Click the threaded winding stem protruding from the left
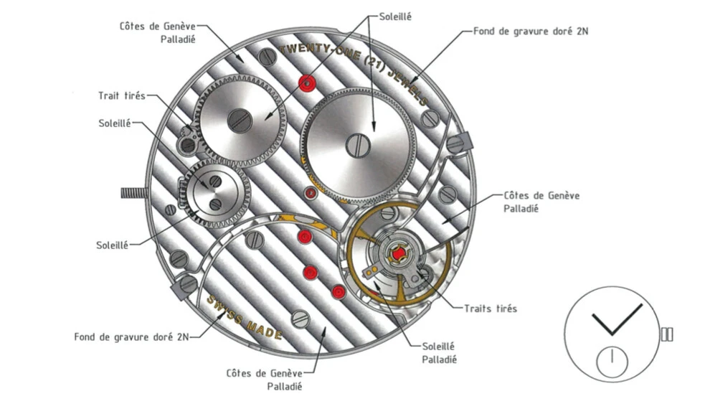(x=135, y=192)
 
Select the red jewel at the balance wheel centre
(x=397, y=253)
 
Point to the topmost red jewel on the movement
(x=308, y=83)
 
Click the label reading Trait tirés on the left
(x=122, y=95)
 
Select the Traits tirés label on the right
(x=491, y=309)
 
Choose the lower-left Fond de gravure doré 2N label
(x=132, y=336)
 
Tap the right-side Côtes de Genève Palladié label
(x=542, y=201)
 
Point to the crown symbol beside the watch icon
(x=667, y=334)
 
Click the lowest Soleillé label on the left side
(x=113, y=245)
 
